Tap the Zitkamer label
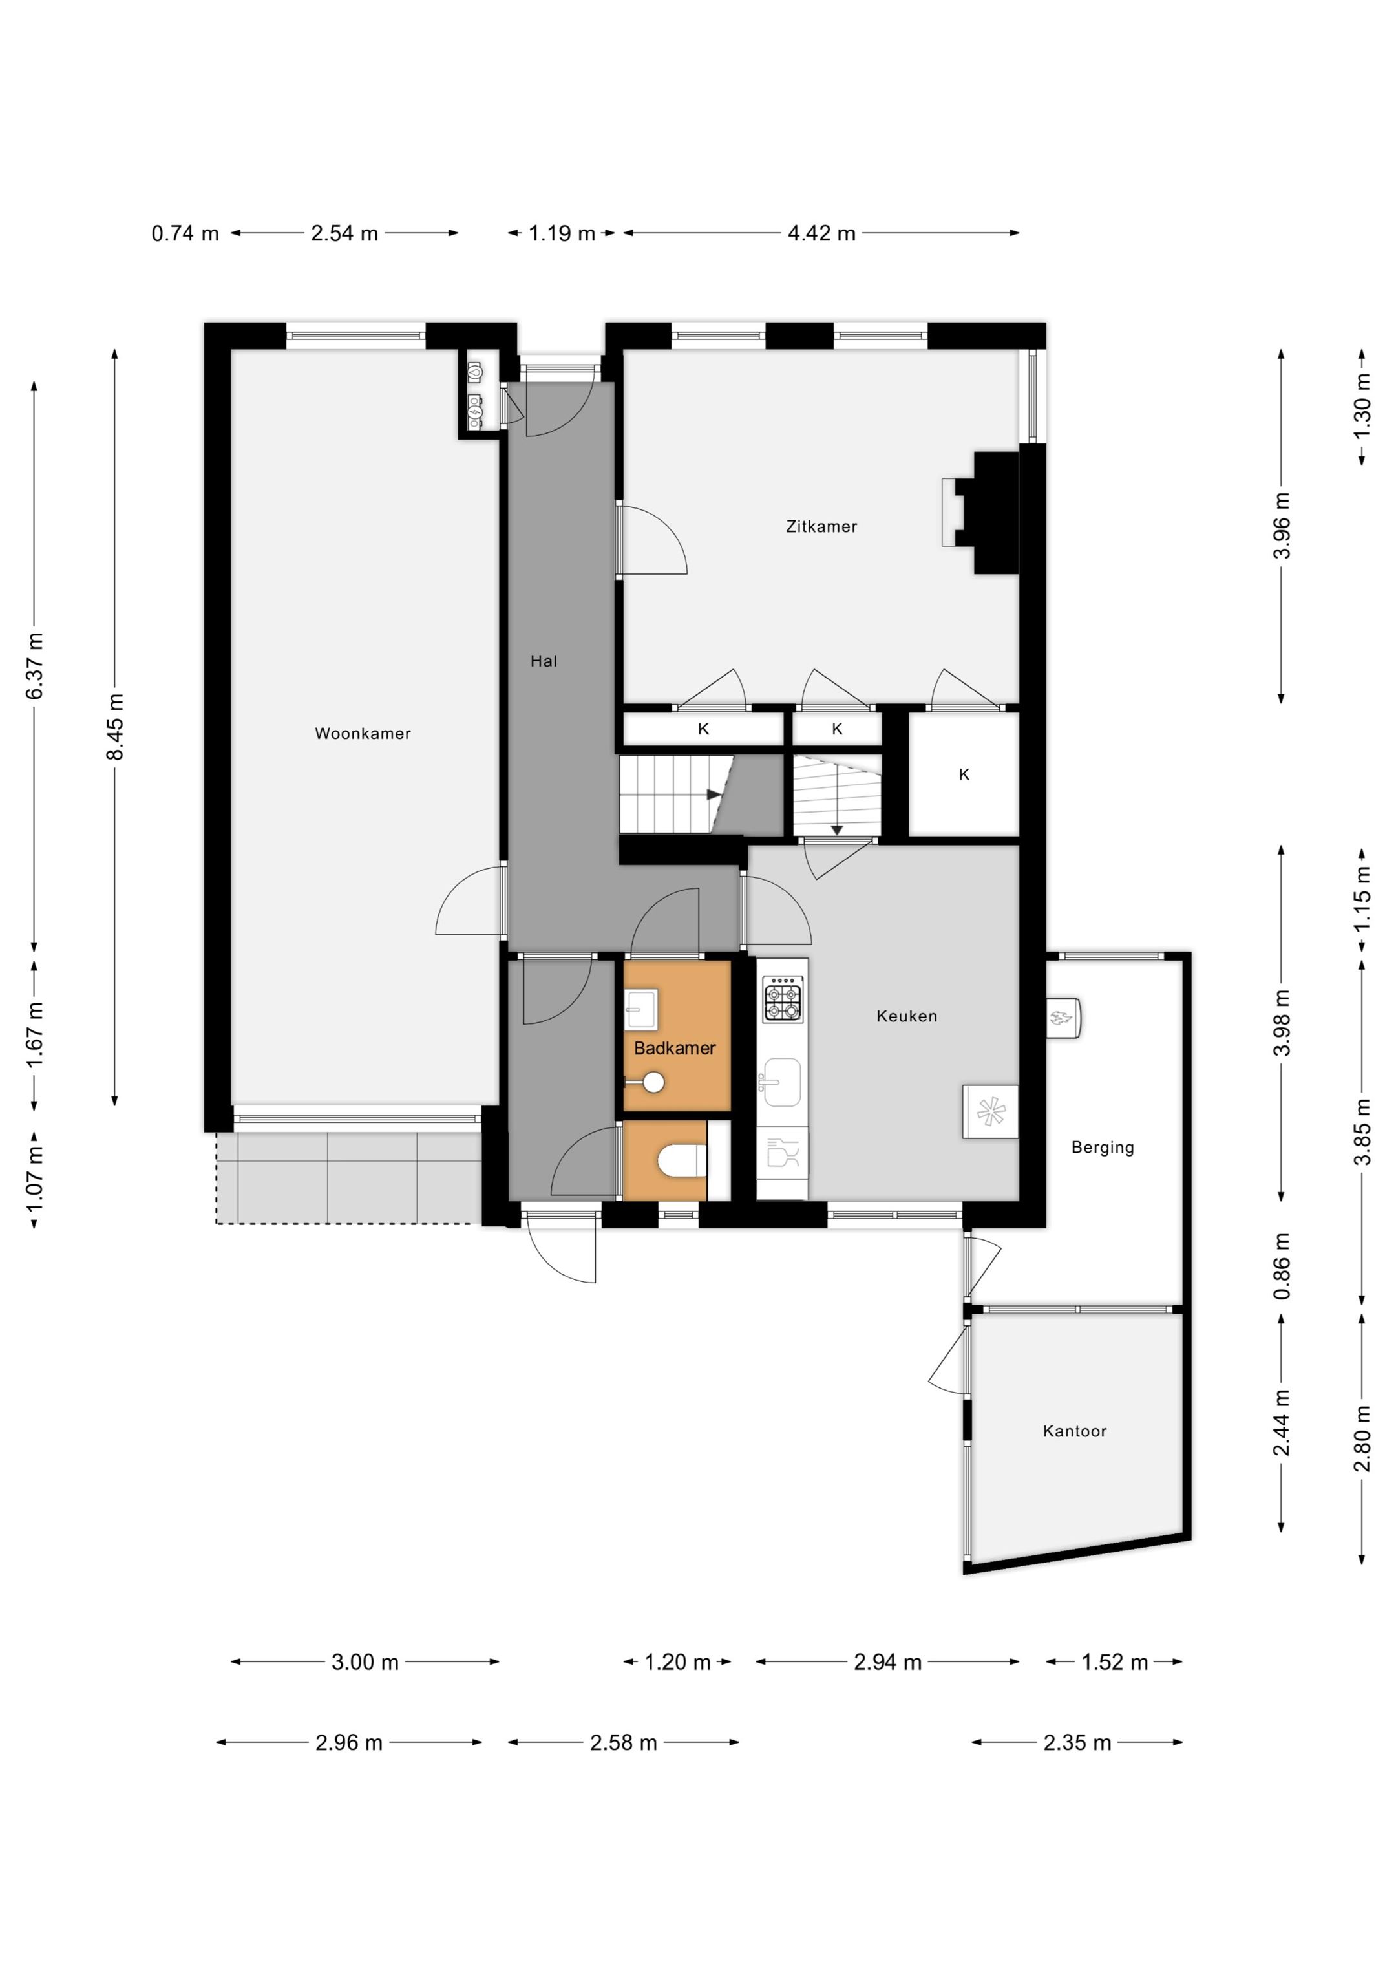(x=821, y=526)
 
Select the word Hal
(x=544, y=661)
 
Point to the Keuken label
(x=907, y=1016)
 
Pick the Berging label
(x=1103, y=1148)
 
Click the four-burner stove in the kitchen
(x=783, y=999)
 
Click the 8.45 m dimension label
(x=115, y=727)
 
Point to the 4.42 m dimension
(x=821, y=233)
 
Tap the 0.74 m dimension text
(x=185, y=233)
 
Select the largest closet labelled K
(x=964, y=774)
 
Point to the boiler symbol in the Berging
(x=1063, y=1018)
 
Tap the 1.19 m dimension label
(x=562, y=233)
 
